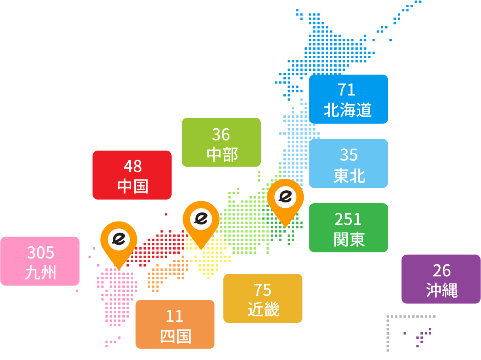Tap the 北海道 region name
tap(348, 110)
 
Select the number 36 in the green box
tap(221, 134)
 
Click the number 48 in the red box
tap(132, 166)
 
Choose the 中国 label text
tap(133, 186)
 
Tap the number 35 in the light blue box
tap(349, 155)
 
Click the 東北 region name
tap(349, 176)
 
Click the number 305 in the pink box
tap(41, 252)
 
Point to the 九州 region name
tap(40, 272)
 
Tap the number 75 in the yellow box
tap(263, 290)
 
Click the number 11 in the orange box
tap(174, 316)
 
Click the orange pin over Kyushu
tap(119, 240)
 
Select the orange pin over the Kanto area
tap(285, 198)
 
